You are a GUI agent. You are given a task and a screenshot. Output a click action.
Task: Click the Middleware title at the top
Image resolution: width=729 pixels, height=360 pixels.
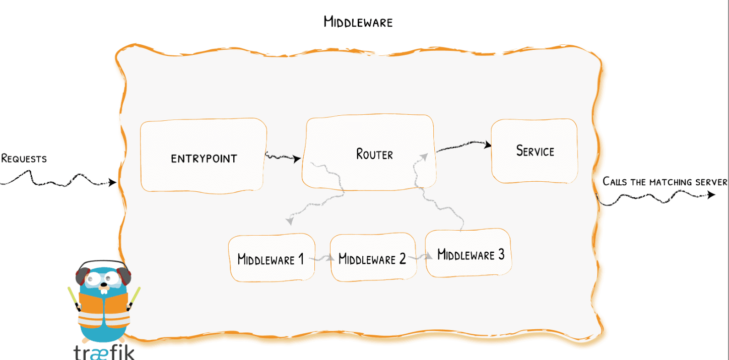[358, 22]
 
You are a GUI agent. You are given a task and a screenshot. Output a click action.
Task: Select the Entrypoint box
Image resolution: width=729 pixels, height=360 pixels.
[203, 156]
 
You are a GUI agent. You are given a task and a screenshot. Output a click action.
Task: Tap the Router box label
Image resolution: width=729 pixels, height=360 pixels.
[374, 154]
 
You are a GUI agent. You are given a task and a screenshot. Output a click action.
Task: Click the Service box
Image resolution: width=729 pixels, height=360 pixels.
[535, 151]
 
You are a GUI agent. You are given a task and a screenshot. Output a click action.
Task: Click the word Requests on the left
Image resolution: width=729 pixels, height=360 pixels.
[24, 159]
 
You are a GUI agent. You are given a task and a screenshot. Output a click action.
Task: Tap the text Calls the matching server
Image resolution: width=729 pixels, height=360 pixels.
[665, 182]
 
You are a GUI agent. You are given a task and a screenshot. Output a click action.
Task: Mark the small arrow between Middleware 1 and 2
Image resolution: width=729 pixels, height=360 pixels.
[322, 259]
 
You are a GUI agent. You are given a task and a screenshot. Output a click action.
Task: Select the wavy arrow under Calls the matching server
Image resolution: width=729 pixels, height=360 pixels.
[655, 198]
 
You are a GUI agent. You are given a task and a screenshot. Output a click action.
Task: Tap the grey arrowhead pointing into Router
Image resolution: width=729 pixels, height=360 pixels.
[424, 157]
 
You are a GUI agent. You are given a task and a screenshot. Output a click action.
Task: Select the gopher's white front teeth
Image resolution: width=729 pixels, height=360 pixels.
[103, 290]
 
